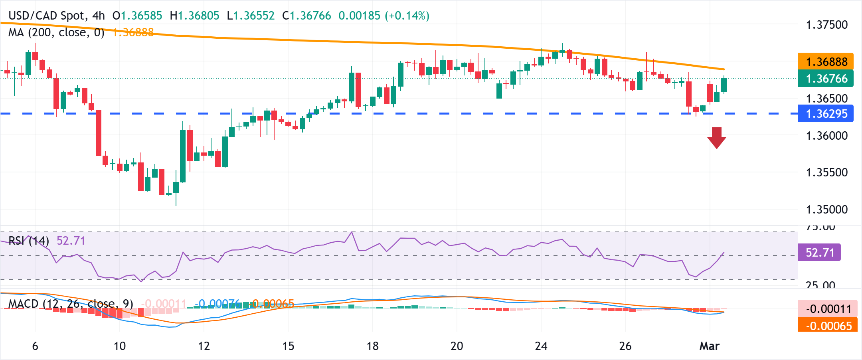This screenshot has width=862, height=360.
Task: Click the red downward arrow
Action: [717, 138]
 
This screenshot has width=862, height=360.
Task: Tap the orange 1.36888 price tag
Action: [825, 61]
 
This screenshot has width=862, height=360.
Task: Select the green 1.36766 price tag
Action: [825, 79]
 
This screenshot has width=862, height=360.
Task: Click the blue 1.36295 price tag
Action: [825, 114]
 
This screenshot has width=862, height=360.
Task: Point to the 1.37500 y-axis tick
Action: [826, 25]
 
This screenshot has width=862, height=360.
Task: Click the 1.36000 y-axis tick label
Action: [826, 136]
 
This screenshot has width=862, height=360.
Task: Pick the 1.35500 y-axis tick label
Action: [826, 172]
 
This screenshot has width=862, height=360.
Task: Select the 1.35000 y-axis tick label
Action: [826, 210]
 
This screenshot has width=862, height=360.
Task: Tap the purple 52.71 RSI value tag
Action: [819, 253]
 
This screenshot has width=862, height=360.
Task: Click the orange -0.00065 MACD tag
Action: [828, 326]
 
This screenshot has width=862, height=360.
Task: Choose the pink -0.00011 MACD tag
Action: [828, 309]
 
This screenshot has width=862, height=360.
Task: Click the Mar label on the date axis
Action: [710, 346]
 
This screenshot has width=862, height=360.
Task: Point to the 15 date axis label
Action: [288, 346]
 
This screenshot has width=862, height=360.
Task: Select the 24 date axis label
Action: [541, 346]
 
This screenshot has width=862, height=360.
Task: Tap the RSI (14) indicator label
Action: [29, 241]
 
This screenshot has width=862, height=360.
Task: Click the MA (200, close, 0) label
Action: [56, 32]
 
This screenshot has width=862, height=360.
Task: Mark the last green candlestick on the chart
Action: [724, 85]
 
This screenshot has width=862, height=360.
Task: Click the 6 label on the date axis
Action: [35, 346]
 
